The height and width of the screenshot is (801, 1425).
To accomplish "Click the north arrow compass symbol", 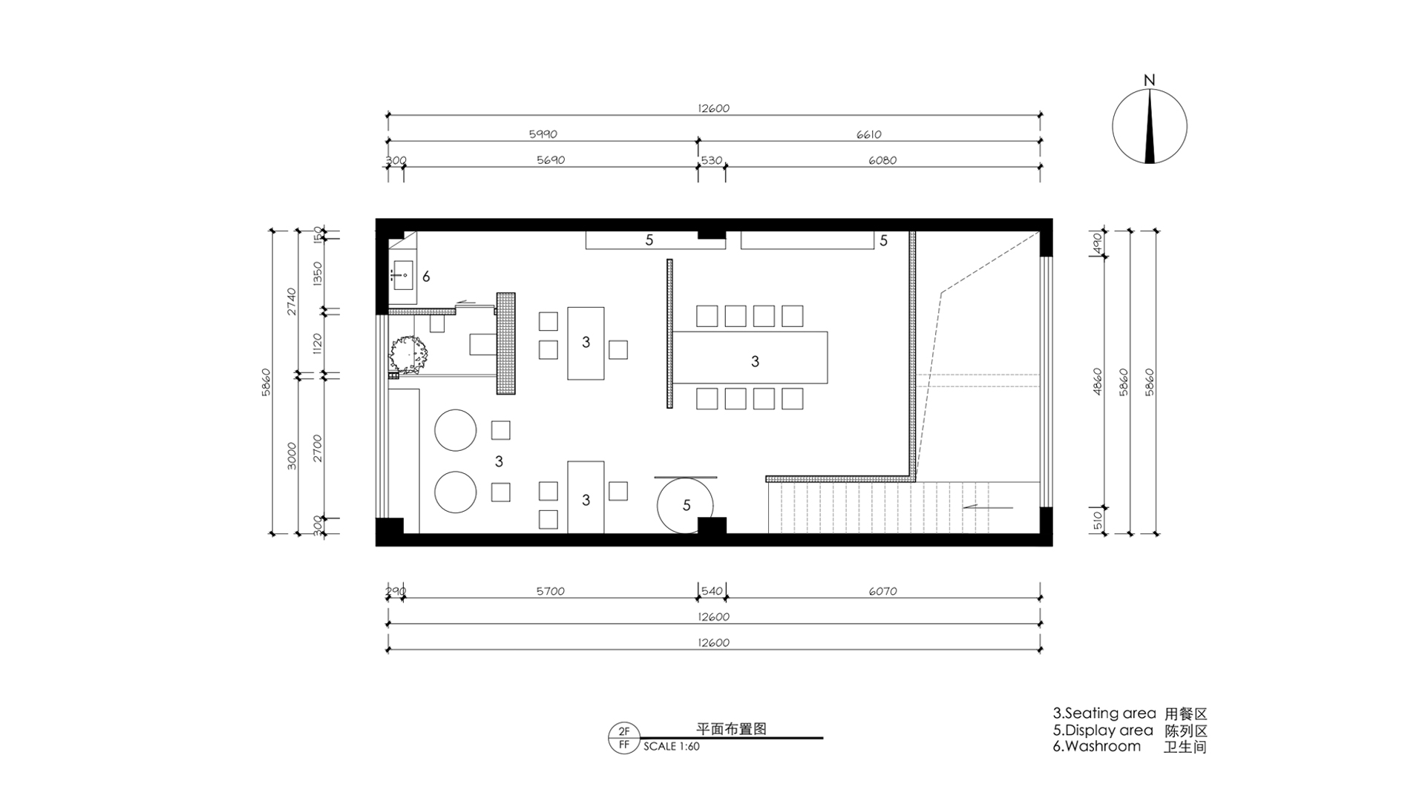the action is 1149,126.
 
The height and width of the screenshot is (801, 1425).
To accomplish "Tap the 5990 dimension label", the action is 543,134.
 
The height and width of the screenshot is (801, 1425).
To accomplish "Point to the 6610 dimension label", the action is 868,134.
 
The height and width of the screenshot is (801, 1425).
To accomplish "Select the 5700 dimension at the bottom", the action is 550,591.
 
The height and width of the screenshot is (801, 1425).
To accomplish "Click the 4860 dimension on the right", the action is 1098,381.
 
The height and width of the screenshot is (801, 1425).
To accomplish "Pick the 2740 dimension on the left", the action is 292,302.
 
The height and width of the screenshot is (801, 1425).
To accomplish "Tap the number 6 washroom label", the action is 426,277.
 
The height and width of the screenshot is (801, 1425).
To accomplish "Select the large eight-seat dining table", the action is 750,357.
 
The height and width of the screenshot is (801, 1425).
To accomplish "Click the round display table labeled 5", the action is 685,506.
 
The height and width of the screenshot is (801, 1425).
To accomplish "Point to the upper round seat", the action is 455,430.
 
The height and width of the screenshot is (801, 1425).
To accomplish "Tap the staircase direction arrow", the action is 988,507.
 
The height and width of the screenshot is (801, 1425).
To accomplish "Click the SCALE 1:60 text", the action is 671,746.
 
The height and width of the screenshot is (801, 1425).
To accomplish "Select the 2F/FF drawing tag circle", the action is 623,738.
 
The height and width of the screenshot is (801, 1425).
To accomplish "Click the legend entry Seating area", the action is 1104,713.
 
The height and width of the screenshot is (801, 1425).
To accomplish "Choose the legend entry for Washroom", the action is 1097,746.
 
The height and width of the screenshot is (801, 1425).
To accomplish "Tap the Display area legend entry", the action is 1103,730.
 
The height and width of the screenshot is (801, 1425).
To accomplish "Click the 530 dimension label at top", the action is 711,160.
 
